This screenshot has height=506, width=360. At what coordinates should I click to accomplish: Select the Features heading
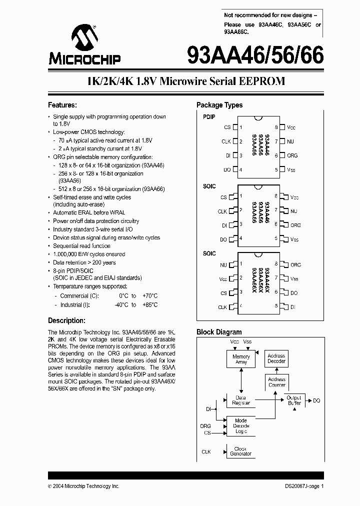[62, 105]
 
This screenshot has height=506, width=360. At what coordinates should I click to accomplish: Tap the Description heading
[66, 320]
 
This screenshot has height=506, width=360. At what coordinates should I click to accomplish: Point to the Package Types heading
[219, 105]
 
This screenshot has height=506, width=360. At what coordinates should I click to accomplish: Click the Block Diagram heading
[219, 331]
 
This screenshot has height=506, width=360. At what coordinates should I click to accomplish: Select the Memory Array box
[241, 359]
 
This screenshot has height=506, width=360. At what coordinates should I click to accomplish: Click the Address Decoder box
[276, 358]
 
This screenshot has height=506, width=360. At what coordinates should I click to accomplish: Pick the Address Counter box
[276, 382]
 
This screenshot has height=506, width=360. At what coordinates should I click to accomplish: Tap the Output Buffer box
[294, 400]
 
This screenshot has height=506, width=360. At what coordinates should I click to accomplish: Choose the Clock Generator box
[241, 451]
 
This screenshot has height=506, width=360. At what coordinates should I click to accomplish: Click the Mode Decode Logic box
[241, 426]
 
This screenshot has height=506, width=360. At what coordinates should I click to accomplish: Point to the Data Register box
[241, 400]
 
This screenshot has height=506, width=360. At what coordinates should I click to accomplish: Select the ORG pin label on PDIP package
[292, 155]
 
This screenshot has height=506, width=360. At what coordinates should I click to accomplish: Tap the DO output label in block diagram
[316, 400]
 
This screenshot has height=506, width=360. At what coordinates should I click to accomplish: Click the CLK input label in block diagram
[206, 451]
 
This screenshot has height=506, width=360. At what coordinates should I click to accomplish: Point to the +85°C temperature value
[149, 304]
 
